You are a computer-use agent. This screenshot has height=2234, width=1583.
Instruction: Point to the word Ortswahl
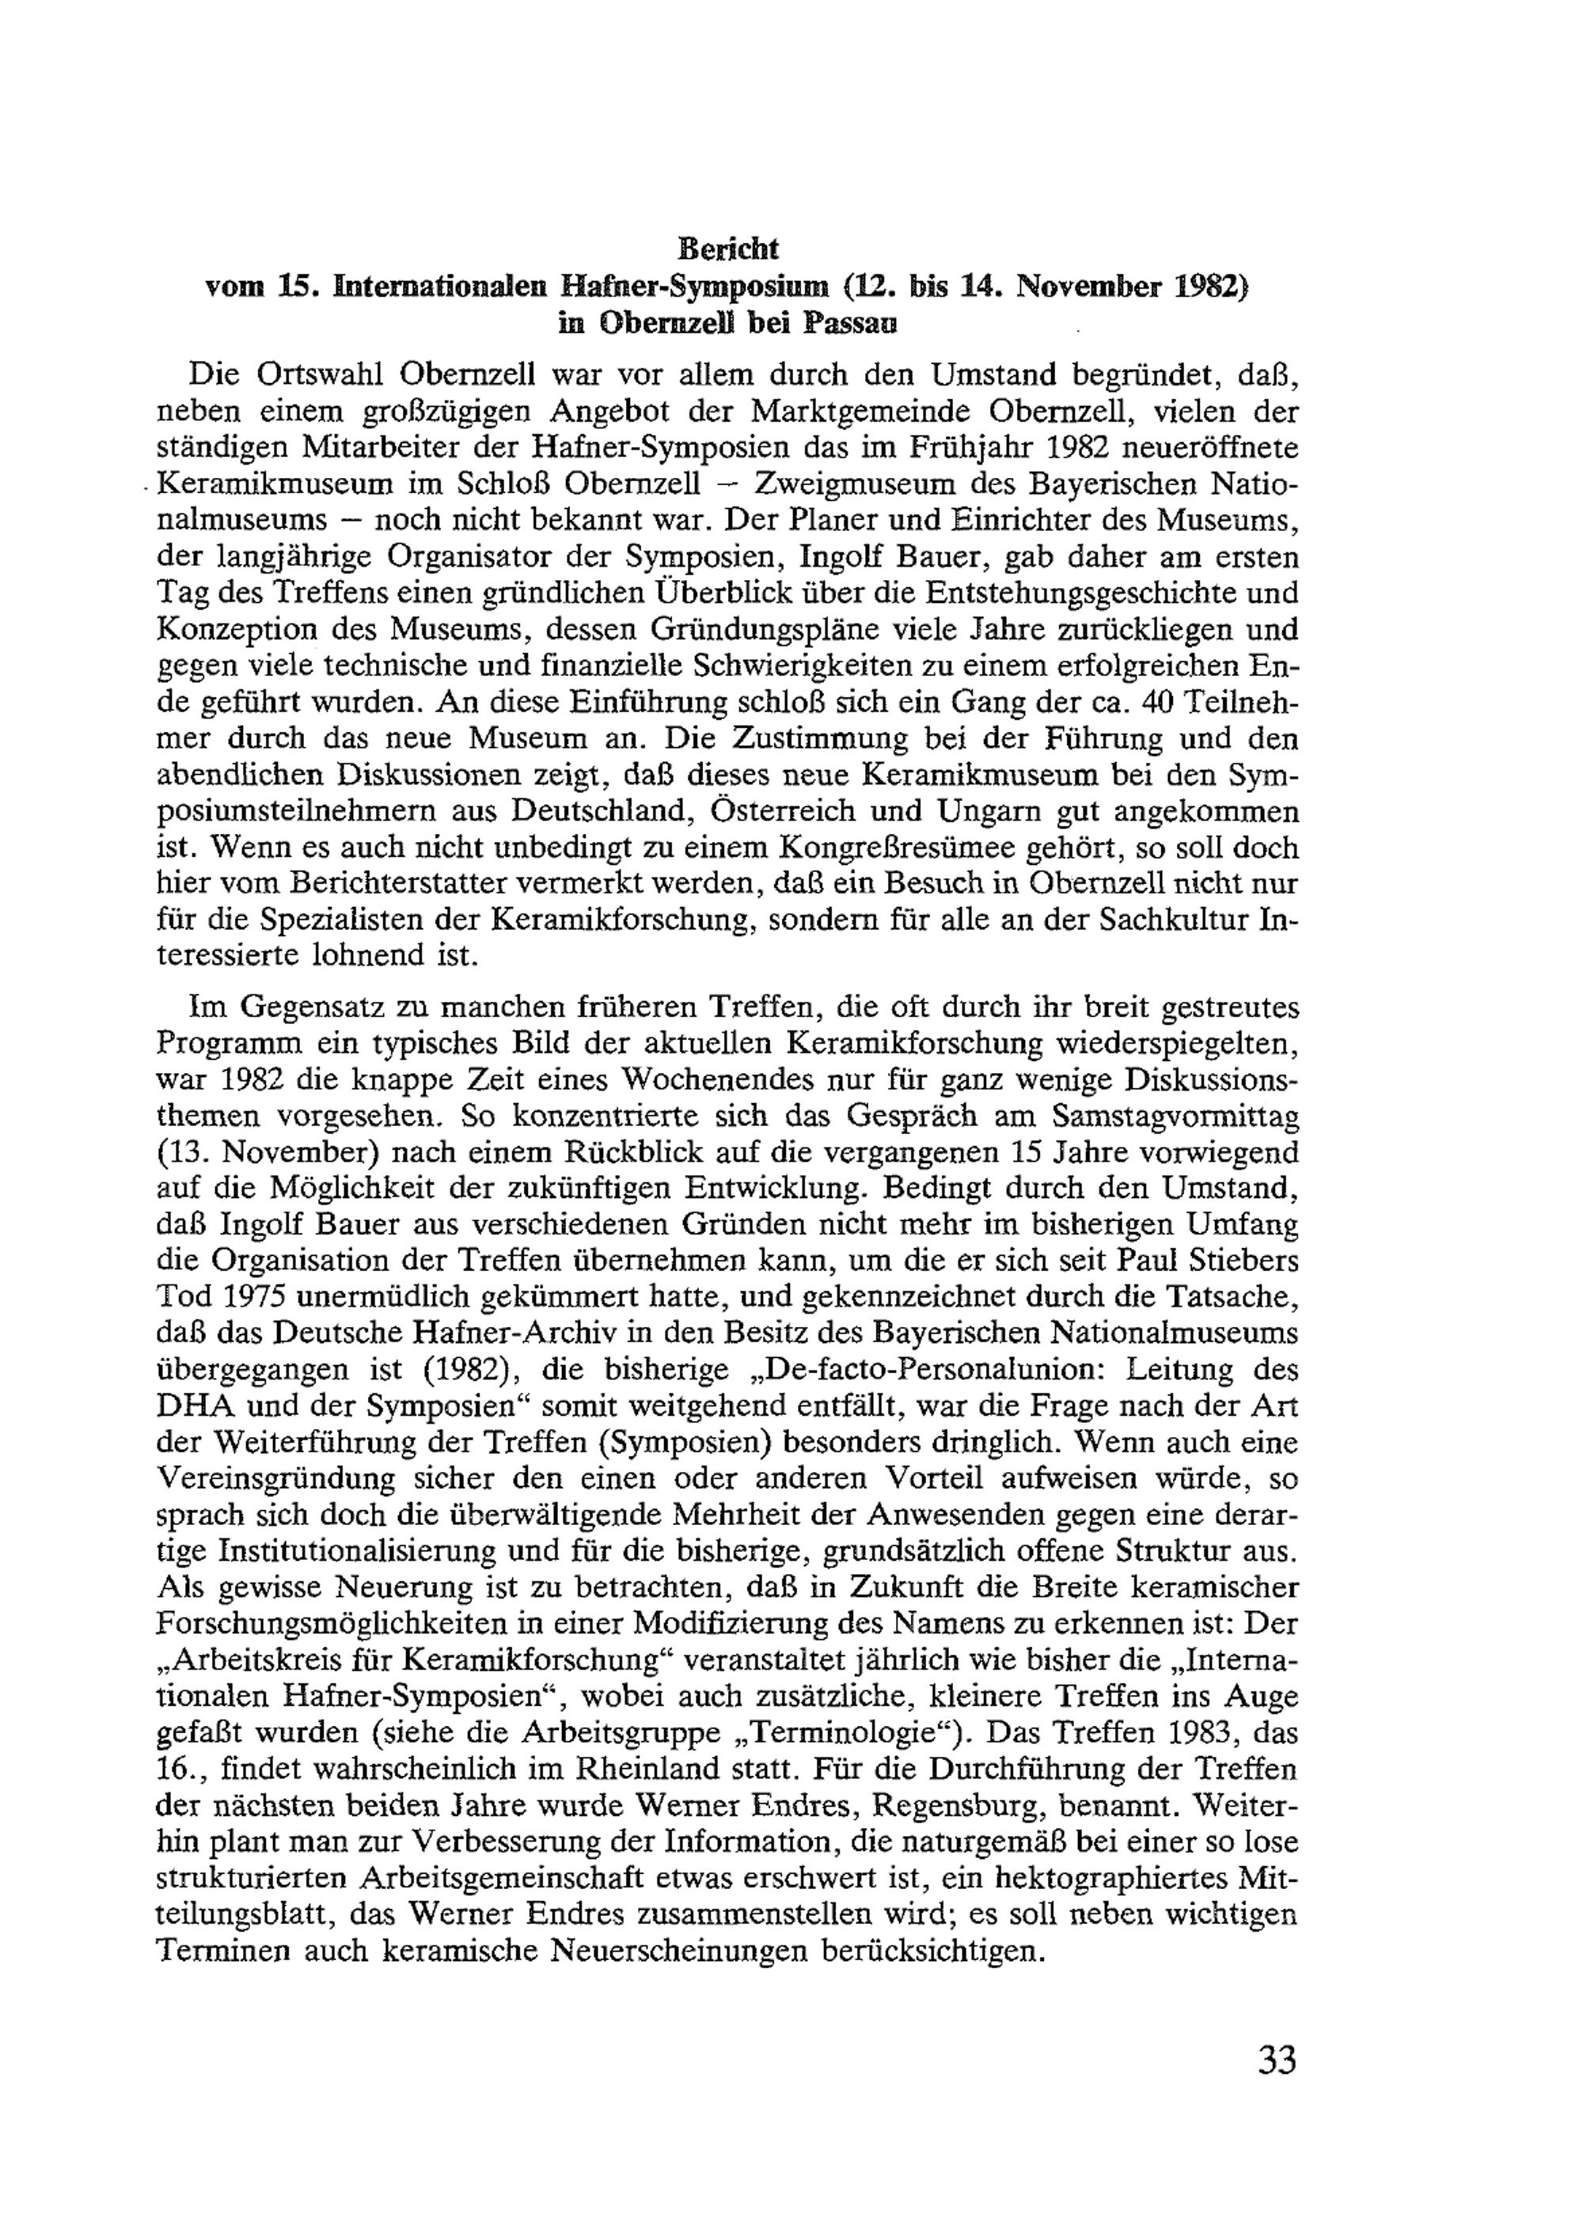coord(323,374)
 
